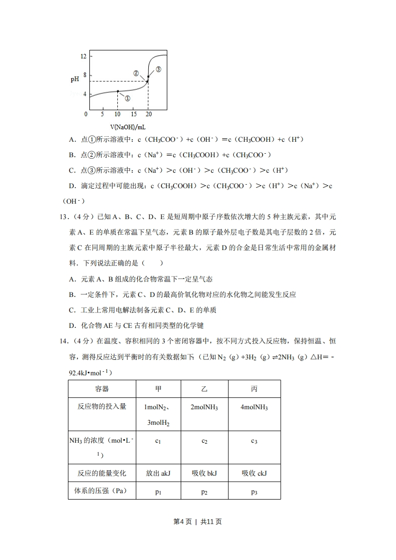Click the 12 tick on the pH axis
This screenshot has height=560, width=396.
(83, 56)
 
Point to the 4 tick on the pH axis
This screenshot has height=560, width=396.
(84, 94)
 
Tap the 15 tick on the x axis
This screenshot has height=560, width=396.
(133, 114)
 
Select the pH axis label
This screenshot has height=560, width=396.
(74, 79)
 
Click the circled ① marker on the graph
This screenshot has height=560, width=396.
(127, 99)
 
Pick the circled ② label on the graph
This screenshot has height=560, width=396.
(136, 73)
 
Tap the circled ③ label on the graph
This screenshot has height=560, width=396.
(158, 69)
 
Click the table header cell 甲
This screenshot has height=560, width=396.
(158, 389)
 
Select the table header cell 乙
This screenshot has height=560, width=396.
(204, 389)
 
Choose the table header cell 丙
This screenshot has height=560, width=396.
(254, 389)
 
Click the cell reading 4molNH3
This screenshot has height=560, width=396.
(254, 407)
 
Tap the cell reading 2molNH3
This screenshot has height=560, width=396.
(204, 407)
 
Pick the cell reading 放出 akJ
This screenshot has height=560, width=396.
(158, 473)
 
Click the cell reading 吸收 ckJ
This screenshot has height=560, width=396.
(254, 473)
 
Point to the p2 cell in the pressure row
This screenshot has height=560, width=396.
(204, 492)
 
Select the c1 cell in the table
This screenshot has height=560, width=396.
(158, 441)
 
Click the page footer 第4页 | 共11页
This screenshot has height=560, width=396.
(197, 522)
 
